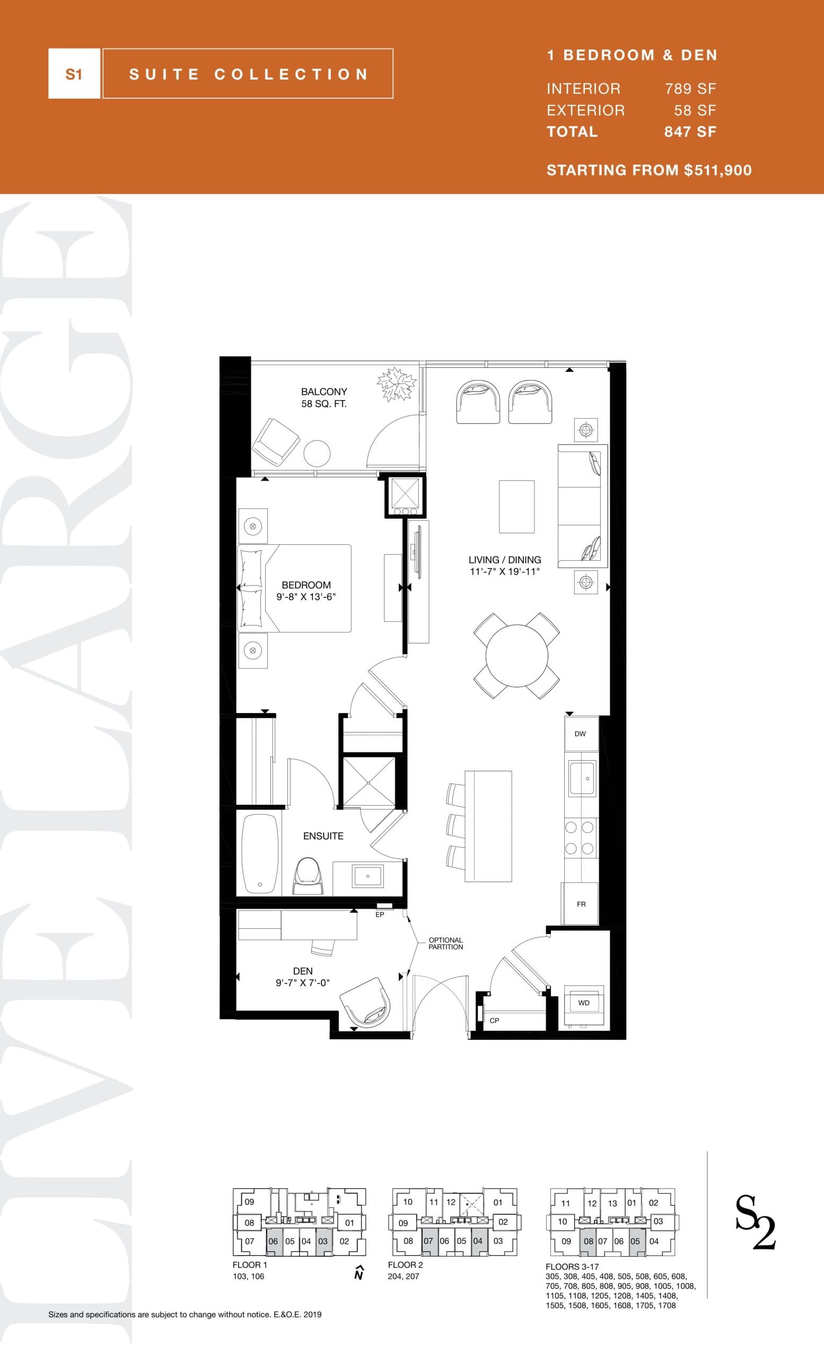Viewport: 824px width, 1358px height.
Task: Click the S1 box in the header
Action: point(74,74)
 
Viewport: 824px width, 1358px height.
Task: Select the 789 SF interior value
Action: point(690,89)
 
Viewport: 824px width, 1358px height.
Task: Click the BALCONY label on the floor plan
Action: point(324,391)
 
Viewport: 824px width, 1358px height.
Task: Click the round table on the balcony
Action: point(317,454)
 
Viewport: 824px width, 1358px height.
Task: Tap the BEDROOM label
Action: point(306,585)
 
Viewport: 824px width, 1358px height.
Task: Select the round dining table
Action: point(516,655)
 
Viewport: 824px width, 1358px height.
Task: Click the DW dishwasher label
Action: point(580,734)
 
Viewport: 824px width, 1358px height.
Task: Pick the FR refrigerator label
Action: point(581,904)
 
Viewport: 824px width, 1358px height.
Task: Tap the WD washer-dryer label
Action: point(584,1003)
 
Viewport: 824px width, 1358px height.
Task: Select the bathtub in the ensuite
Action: point(259,852)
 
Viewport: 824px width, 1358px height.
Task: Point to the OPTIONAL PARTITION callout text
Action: point(445,943)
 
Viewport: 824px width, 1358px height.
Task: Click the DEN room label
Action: point(303,971)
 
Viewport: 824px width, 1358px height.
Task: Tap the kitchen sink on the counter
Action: point(582,778)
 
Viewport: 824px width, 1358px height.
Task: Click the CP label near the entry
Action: point(494,1020)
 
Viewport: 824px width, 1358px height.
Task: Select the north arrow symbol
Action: point(359,1273)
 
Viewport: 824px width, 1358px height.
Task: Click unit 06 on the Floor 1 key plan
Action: point(273,1241)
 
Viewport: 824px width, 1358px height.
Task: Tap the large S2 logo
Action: point(755,1229)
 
